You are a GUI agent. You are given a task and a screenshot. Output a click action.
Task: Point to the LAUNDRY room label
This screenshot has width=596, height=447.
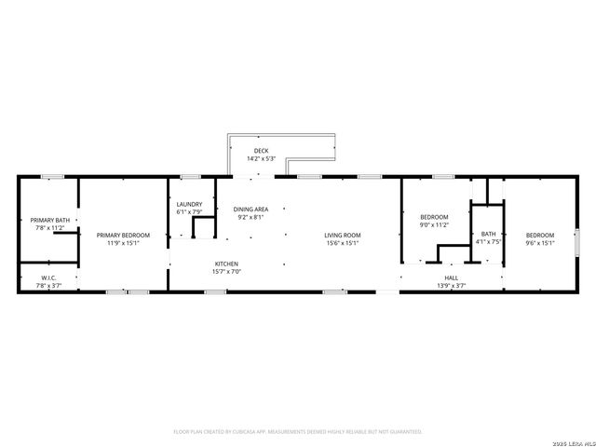[189, 204]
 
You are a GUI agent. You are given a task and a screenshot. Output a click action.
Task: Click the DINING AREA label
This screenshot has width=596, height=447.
[251, 210]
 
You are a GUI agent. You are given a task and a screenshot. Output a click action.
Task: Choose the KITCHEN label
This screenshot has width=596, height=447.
[227, 264]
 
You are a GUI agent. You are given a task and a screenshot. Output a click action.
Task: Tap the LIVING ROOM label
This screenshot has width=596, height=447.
[343, 235]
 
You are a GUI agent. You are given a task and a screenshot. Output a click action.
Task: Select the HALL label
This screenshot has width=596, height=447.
[451, 278]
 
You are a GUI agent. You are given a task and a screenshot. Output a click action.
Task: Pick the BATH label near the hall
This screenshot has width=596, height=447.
[488, 235]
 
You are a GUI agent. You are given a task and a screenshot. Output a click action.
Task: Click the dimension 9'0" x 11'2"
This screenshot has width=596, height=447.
[435, 224]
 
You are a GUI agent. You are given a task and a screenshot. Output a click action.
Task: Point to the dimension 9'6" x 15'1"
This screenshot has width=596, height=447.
[540, 243]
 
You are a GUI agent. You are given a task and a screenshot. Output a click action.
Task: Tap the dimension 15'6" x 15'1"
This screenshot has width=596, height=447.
[343, 243]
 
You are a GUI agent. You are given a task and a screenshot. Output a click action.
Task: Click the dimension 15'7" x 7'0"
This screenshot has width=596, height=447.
[227, 272]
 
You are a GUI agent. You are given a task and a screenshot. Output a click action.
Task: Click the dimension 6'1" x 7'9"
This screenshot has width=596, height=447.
[189, 212]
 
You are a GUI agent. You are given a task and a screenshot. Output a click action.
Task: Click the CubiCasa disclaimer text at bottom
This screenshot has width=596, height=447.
[298, 431]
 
